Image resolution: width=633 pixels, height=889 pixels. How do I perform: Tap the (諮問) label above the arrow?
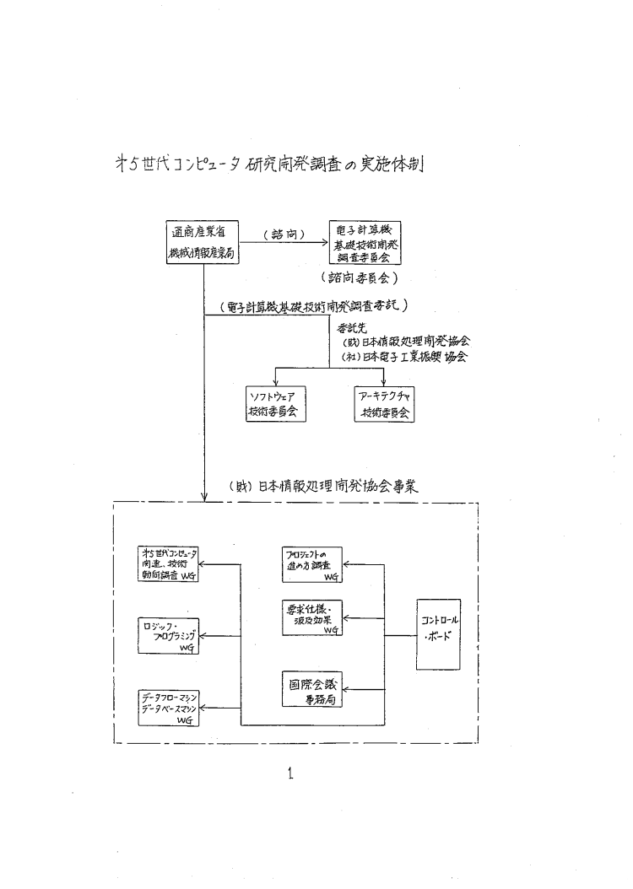click(x=284, y=235)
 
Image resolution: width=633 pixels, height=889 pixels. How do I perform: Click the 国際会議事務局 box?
click(x=314, y=690)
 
